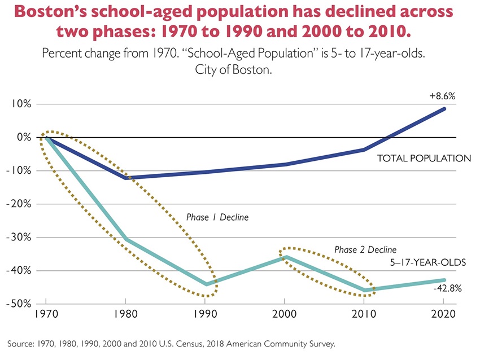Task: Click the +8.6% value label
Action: point(442,96)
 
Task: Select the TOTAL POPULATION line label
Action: point(424,158)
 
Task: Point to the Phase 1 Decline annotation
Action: point(217,217)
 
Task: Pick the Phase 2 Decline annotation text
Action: point(365,249)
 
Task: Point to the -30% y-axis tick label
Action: point(20,238)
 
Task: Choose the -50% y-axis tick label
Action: point(20,304)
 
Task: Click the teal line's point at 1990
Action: point(206,284)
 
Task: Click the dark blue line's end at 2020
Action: point(444,109)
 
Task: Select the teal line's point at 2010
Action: point(365,291)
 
